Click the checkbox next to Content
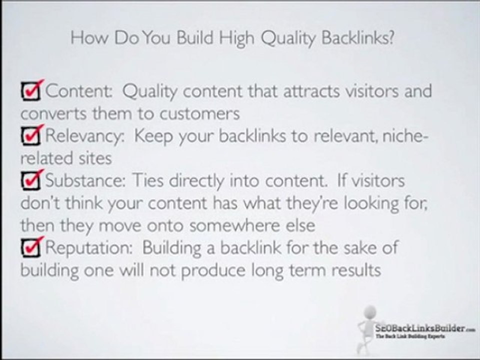[31, 91]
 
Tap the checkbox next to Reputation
[31, 247]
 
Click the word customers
[200, 113]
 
